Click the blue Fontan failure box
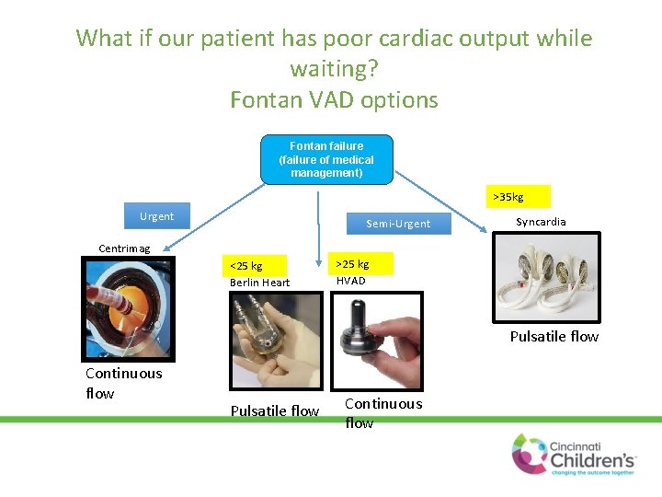tap(326, 159)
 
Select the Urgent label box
tap(157, 216)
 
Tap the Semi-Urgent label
tap(397, 224)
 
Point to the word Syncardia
tap(541, 222)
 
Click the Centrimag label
tap(124, 248)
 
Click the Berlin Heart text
tap(259, 283)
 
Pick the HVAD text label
tap(350, 281)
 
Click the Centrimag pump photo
tap(128, 307)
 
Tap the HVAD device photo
tap(377, 340)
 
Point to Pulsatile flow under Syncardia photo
tap(554, 337)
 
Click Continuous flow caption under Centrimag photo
tap(122, 383)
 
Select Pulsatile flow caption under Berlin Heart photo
tap(274, 410)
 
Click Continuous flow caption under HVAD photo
tap(382, 413)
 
